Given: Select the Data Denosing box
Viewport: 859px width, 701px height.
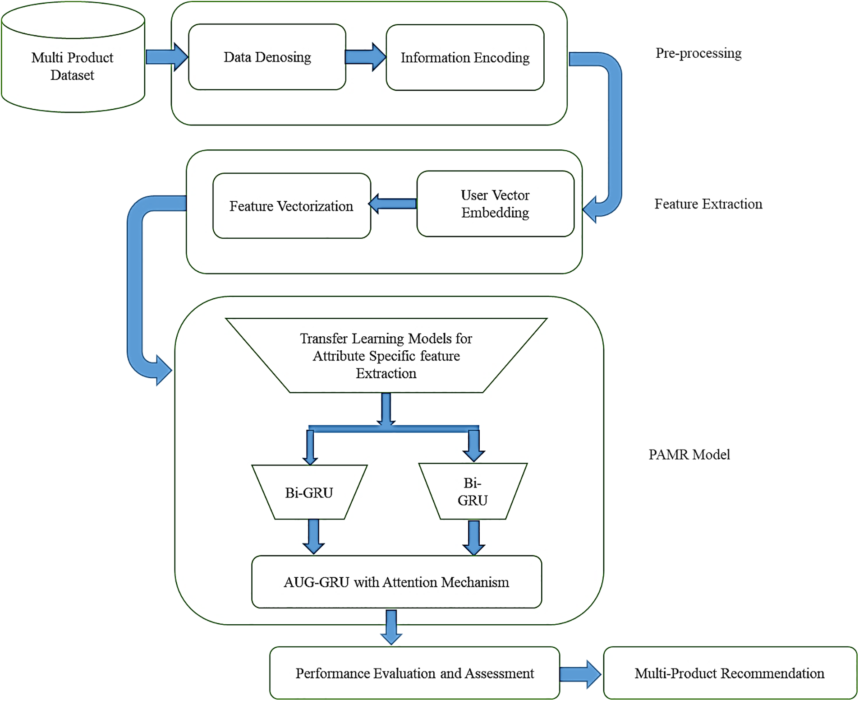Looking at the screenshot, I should coord(267,57).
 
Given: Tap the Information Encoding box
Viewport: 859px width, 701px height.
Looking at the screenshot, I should coord(465,57).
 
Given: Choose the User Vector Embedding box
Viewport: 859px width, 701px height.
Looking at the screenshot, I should coord(495,204).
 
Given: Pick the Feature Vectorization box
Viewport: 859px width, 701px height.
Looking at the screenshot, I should coord(291,206).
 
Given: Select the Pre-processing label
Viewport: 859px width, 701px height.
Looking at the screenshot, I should coord(698,53).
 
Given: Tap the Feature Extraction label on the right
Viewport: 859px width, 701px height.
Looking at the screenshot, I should coord(708,204).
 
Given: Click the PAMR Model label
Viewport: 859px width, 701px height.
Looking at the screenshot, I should coord(689,455).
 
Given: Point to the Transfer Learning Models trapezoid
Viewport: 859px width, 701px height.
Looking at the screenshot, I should coord(386,355).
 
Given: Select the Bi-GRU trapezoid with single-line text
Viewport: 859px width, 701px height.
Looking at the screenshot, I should coord(309,492).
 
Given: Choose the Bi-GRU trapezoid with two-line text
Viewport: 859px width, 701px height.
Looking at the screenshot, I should coord(473,492).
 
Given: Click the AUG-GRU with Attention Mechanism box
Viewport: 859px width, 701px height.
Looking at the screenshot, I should coord(396,582).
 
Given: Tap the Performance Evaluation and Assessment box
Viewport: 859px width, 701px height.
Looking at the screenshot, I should coord(414,673).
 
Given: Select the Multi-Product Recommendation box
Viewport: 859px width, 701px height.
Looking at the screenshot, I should coord(730,673).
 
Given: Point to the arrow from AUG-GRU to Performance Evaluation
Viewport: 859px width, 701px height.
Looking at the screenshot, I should coord(391,627).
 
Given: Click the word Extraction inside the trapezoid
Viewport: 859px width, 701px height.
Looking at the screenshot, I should coord(386,373).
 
